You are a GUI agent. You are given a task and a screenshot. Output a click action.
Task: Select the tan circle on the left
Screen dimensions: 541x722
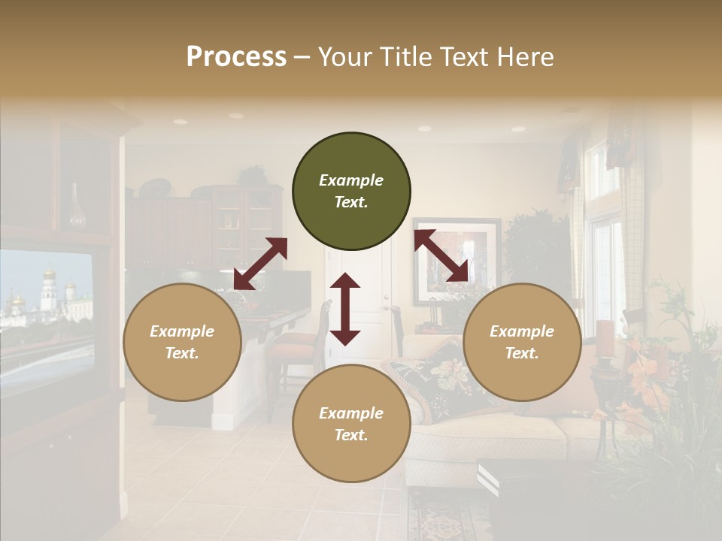182,342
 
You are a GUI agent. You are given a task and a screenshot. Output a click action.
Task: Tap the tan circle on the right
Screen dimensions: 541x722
522,342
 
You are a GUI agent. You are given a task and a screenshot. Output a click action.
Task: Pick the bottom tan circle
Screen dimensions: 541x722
351,423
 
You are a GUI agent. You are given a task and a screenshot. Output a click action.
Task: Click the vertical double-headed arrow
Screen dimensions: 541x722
345,309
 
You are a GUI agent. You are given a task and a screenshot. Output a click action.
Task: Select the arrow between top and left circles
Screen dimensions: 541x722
260,264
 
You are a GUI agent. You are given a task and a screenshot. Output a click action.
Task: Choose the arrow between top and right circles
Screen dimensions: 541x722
441,256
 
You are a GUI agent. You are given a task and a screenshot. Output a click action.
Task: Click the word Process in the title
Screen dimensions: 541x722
236,57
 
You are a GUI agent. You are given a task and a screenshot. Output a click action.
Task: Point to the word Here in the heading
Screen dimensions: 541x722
524,57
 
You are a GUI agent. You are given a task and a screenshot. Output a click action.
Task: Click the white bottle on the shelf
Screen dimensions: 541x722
77,207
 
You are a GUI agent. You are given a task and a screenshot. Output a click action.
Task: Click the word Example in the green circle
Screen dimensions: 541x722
351,180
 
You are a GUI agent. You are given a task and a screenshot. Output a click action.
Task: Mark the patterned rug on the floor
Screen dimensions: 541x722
444,518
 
